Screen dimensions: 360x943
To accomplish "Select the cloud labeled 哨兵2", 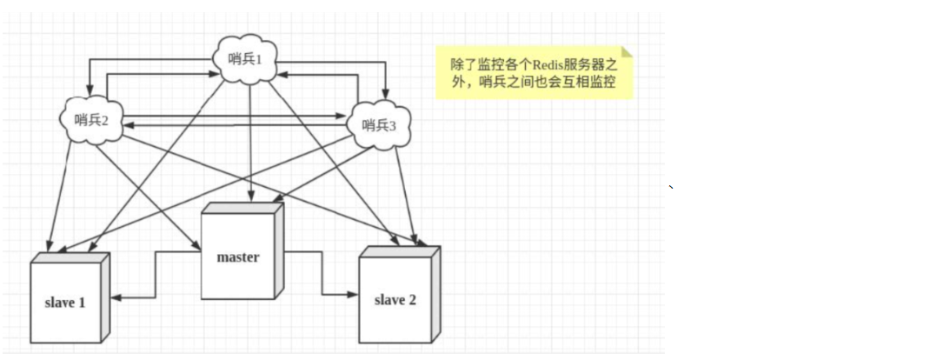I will pos(91,120).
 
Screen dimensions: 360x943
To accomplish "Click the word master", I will pos(237,257).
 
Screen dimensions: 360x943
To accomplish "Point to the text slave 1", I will pos(65,303).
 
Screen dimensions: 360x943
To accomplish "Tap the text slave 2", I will pos(395,300).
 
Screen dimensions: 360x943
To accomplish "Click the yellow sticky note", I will pos(534,73).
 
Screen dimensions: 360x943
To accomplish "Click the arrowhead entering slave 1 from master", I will pos(116,298).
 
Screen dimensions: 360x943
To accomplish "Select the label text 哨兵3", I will pos(379,125).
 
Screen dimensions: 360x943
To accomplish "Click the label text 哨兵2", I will pos(91,120).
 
